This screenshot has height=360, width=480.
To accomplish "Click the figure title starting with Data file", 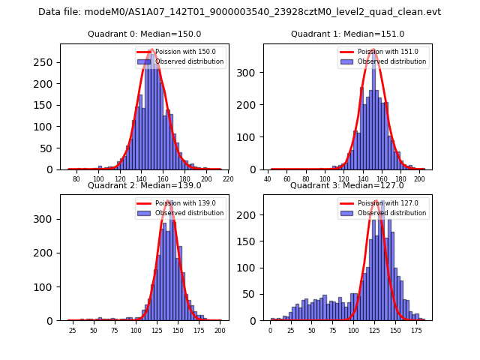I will coord(239,12).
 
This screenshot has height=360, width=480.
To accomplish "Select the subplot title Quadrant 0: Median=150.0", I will coord(144,34).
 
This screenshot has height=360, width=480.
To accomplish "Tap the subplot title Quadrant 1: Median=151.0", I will coord(347,34).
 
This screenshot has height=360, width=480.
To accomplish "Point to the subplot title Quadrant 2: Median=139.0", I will coord(144,185).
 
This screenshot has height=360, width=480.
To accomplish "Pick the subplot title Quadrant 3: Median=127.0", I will coord(347,185).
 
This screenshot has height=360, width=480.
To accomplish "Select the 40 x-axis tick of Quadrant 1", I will coord(268,179).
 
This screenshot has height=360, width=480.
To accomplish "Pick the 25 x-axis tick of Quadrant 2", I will coord(73,331).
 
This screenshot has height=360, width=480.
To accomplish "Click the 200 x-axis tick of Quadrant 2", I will coord(220,331).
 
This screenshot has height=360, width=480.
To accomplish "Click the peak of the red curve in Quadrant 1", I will coord(373,49).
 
